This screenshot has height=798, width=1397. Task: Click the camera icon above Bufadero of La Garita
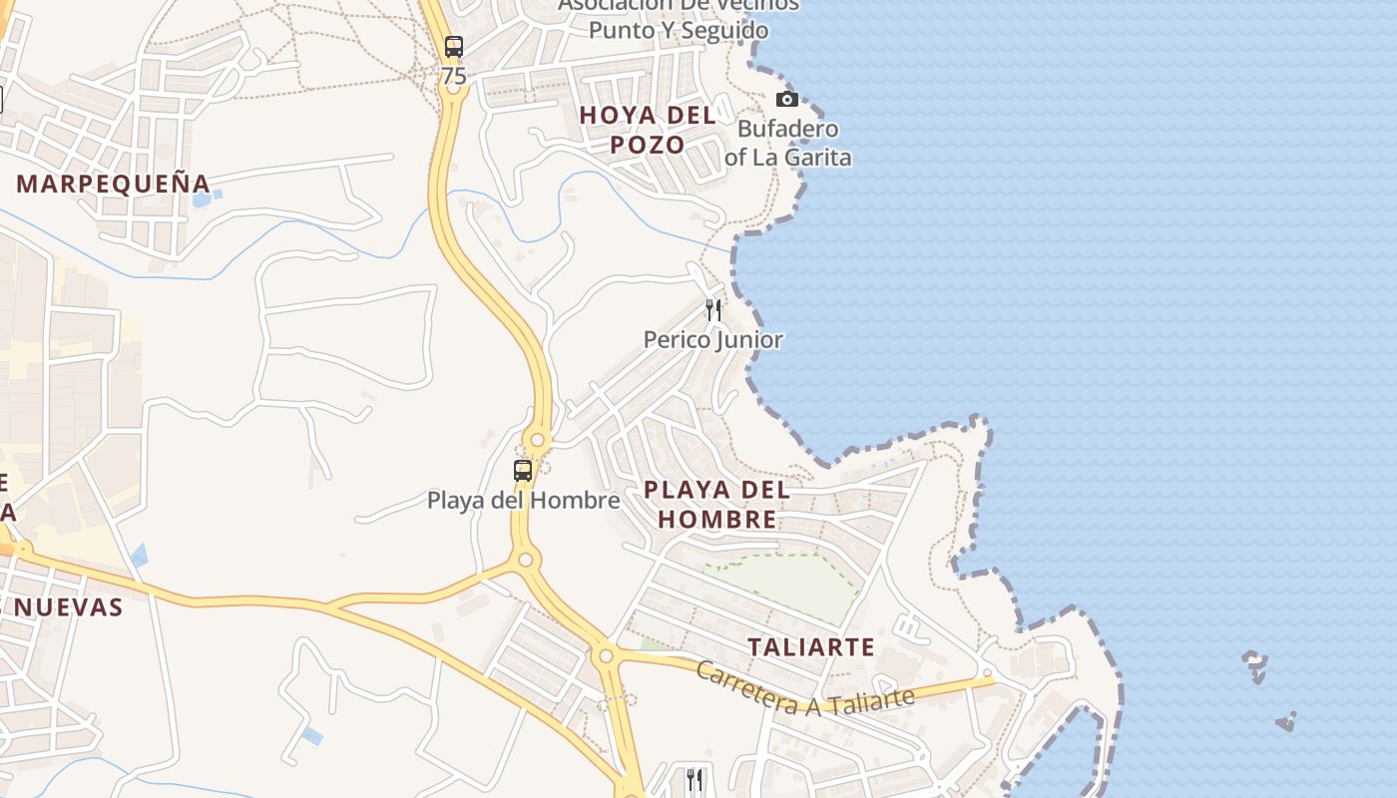click(787, 99)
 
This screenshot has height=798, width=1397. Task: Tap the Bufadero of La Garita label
click(788, 143)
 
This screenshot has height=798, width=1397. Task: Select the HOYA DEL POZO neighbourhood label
click(648, 130)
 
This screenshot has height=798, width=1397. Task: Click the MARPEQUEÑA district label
click(114, 184)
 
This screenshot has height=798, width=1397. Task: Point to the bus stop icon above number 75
click(454, 46)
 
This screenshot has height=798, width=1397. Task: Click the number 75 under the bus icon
click(454, 76)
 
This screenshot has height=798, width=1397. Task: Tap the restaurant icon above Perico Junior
click(713, 309)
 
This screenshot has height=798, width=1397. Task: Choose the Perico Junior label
click(713, 340)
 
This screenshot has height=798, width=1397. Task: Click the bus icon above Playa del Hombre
click(523, 470)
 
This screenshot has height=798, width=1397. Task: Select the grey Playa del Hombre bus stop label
click(524, 500)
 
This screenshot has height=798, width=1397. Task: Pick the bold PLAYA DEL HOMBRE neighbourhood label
click(716, 504)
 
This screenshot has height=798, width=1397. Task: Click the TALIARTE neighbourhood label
click(811, 647)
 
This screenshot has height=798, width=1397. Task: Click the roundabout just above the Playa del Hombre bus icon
click(538, 439)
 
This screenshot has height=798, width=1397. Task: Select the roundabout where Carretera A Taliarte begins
click(605, 656)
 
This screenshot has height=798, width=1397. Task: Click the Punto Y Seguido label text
click(679, 31)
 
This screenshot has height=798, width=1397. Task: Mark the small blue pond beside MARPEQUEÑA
click(202, 199)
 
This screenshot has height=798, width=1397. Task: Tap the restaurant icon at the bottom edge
click(695, 778)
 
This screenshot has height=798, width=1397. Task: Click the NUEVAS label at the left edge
click(69, 607)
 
